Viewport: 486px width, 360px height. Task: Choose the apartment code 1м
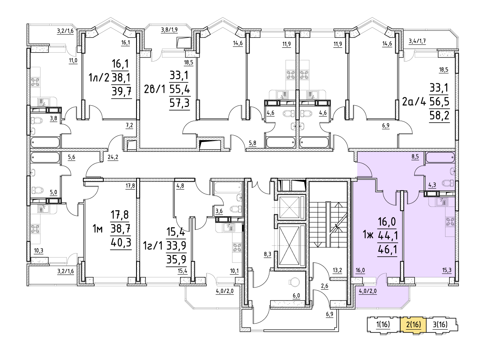pyautogui.click(x=98, y=230)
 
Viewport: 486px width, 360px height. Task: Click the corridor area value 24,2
pyautogui.click(x=113, y=157)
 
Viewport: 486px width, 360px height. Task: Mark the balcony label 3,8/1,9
pyautogui.click(x=169, y=29)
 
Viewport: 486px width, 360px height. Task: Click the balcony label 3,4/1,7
pyautogui.click(x=417, y=40)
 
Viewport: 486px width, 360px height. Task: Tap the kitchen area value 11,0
pyautogui.click(x=73, y=61)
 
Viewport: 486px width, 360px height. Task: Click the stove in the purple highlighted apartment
pyautogui.click(x=450, y=221)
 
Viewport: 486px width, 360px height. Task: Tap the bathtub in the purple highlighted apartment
pyautogui.click(x=441, y=158)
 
